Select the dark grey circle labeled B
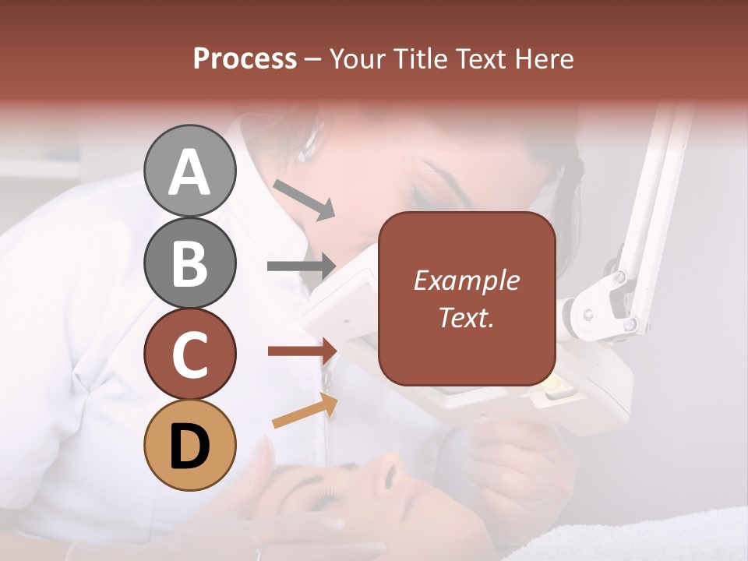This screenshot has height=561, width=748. click(x=189, y=263)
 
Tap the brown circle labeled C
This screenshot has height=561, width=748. click(x=189, y=354)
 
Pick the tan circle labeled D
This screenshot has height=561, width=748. click(x=189, y=445)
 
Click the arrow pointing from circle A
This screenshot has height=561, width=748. click(x=304, y=199)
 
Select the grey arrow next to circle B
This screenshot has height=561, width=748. click(x=301, y=266)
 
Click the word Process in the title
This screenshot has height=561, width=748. click(x=245, y=58)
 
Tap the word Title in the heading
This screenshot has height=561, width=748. click(x=416, y=58)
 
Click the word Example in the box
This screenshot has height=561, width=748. click(x=467, y=280)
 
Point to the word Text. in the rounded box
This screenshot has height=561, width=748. click(x=467, y=318)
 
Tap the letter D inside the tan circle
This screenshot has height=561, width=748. click(x=189, y=446)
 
